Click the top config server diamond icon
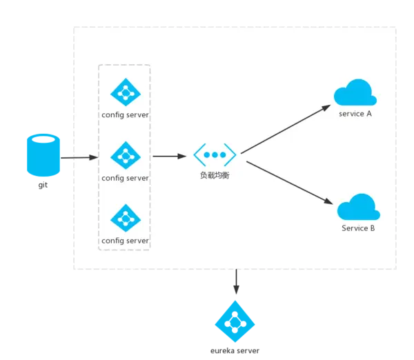click(x=125, y=92)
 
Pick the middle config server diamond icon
click(x=125, y=156)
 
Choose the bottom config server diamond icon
click(x=125, y=219)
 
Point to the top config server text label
click(x=125, y=114)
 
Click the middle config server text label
click(x=125, y=178)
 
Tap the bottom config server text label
click(x=125, y=241)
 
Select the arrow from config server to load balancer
click(x=170, y=157)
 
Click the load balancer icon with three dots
click(x=215, y=154)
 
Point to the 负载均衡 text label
click(x=215, y=176)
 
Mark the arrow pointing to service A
click(x=286, y=128)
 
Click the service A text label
click(x=355, y=114)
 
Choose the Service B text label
click(x=358, y=228)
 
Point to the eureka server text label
click(x=235, y=352)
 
